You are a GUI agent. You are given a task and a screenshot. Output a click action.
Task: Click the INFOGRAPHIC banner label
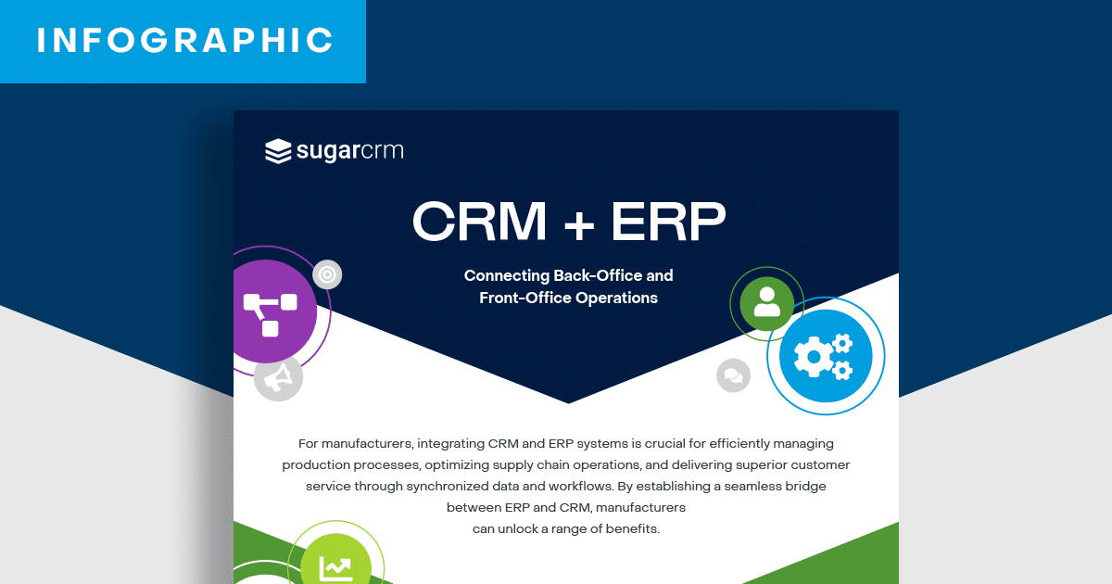click(184, 40)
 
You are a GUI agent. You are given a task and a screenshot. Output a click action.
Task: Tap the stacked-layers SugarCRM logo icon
click(278, 151)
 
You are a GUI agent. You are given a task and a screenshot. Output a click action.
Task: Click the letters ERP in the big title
click(667, 222)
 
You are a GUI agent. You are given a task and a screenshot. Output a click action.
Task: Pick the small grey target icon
click(327, 274)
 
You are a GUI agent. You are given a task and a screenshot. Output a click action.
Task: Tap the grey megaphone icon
click(278, 376)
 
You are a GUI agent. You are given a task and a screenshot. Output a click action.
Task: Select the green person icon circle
click(767, 302)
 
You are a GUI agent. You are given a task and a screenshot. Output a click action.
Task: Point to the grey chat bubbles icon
click(733, 375)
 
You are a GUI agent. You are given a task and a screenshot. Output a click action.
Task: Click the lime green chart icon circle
click(335, 566)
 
